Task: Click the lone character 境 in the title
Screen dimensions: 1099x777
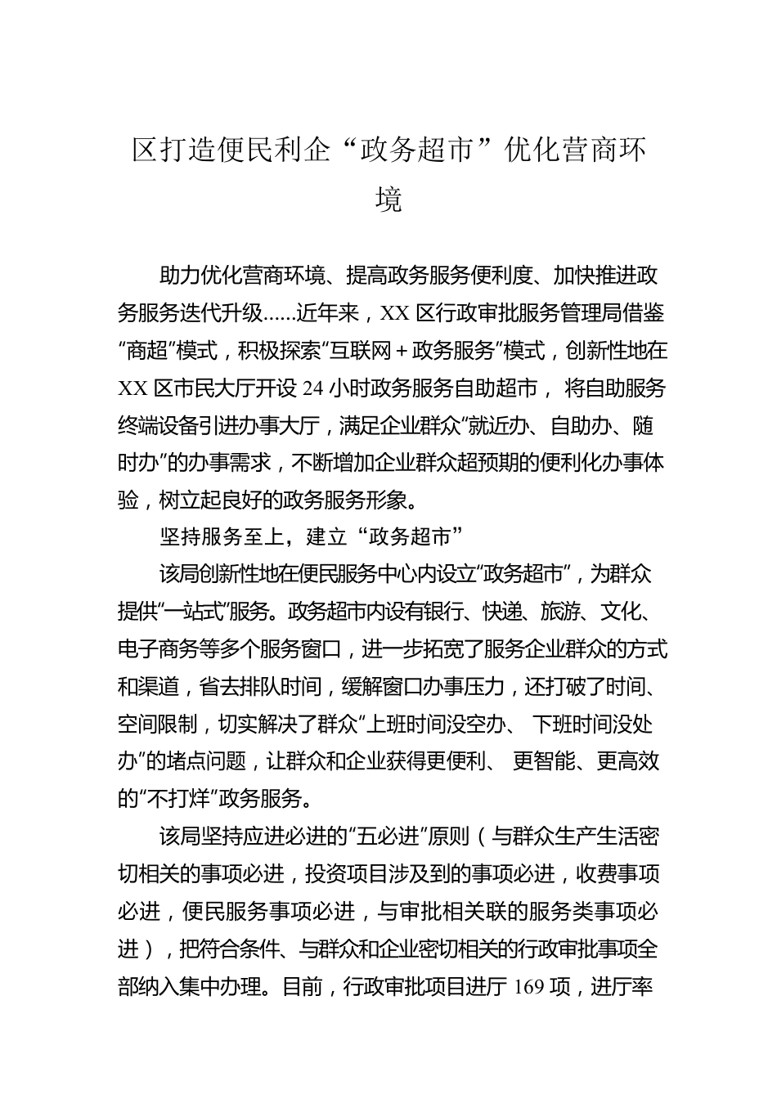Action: point(388,200)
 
